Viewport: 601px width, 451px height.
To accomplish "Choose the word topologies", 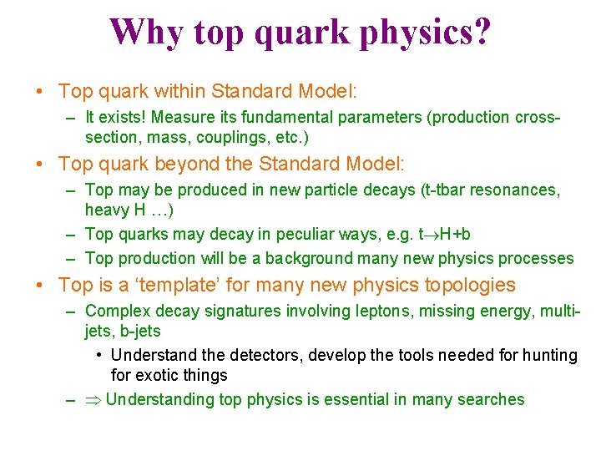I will coord(470,286).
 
